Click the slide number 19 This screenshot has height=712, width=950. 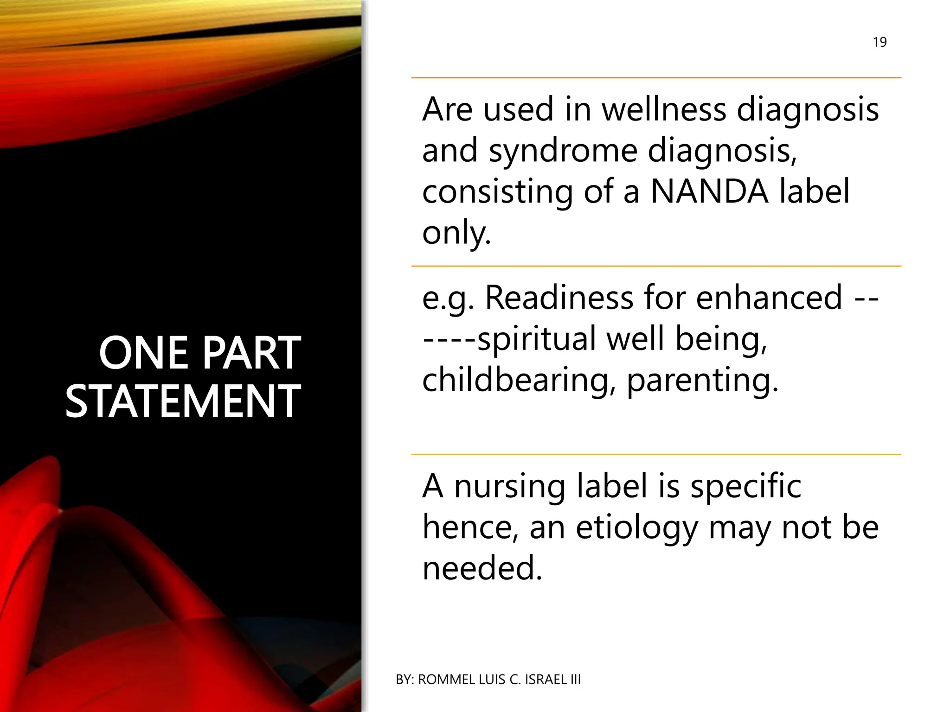[879, 42]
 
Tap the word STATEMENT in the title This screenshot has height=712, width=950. [183, 401]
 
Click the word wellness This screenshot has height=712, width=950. [663, 110]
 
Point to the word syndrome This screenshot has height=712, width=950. [563, 151]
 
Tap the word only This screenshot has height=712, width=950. [456, 233]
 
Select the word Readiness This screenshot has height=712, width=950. [559, 298]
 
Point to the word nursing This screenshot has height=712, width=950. [509, 487]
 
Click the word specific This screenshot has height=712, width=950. [745, 487]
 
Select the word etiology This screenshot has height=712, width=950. [636, 528]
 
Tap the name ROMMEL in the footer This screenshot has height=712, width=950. [446, 680]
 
